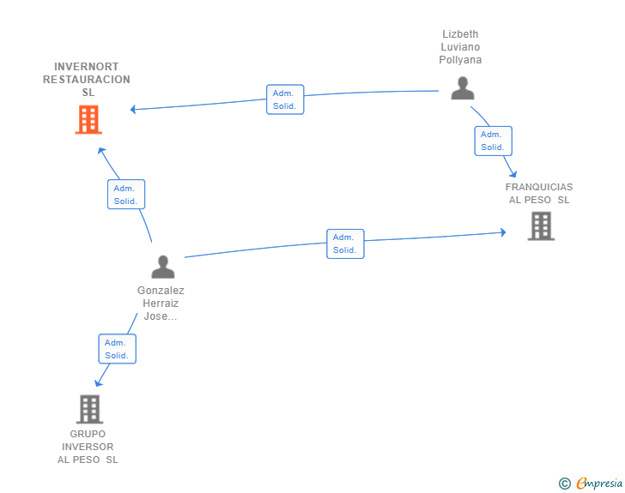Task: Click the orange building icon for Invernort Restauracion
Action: tap(88, 119)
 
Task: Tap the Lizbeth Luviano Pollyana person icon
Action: tap(463, 88)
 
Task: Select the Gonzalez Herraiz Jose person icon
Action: tap(163, 267)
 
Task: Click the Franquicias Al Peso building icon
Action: tap(541, 226)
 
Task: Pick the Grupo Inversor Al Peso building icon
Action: tap(89, 409)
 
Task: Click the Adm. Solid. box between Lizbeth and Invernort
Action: tap(285, 99)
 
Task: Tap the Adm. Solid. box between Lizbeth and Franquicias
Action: tap(493, 141)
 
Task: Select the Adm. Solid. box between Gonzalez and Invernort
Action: tap(126, 195)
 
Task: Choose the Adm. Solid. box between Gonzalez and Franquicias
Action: tap(345, 243)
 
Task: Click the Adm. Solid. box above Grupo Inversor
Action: tap(117, 349)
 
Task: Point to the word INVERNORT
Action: tap(87, 67)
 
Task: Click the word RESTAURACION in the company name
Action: tap(87, 80)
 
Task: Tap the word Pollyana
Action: tap(460, 60)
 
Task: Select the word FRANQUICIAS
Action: tap(539, 187)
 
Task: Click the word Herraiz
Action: tap(161, 304)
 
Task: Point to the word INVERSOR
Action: tap(88, 447)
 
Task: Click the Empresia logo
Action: tap(599, 484)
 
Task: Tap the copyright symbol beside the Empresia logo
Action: tap(564, 484)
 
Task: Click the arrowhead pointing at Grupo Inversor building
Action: tap(98, 382)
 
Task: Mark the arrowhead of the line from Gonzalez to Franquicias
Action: tap(503, 232)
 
